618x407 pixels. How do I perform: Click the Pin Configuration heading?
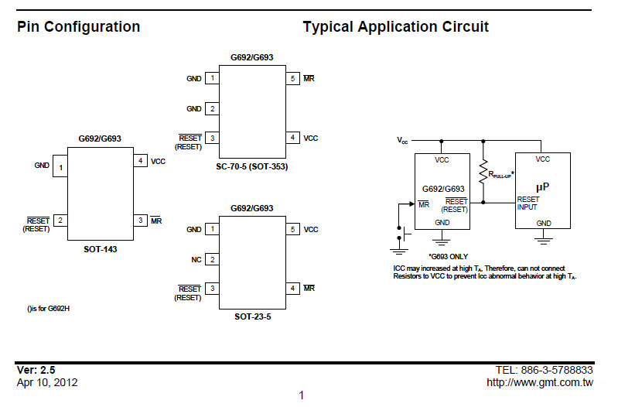(78, 27)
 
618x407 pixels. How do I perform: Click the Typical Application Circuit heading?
(395, 27)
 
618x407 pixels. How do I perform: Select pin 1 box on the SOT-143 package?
(60, 167)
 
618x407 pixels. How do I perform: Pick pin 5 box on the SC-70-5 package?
(292, 79)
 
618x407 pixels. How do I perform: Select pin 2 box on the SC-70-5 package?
(212, 109)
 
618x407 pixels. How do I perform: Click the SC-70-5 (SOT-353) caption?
(251, 166)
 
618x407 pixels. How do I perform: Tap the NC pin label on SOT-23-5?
(196, 259)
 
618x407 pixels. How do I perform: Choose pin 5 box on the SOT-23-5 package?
(292, 230)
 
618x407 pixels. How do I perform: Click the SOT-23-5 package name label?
(251, 317)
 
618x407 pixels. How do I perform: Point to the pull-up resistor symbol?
(483, 172)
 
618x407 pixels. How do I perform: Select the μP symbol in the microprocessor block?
(543, 186)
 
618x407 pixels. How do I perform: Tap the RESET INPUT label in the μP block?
(528, 203)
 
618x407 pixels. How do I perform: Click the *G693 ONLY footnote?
(448, 256)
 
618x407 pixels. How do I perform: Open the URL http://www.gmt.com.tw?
(539, 382)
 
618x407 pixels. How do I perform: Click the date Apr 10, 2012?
(47, 382)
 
